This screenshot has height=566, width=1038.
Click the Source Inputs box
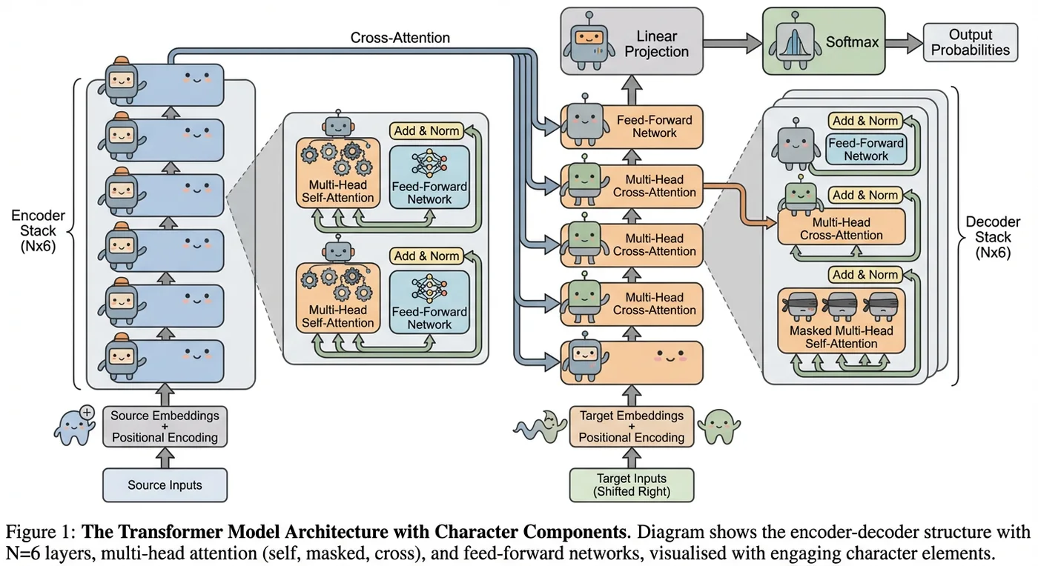pyautogui.click(x=165, y=485)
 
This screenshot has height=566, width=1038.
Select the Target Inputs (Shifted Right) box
pyautogui.click(x=632, y=485)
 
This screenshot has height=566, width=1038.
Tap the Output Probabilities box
pyautogui.click(x=971, y=42)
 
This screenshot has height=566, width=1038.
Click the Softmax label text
pyautogui.click(x=852, y=42)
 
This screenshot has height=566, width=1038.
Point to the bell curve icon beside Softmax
pyautogui.click(x=795, y=44)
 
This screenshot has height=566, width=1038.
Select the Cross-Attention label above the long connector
pyautogui.click(x=400, y=38)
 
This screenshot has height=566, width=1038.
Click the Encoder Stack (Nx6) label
pyautogui.click(x=38, y=230)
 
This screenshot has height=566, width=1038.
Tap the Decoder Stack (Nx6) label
pyautogui.click(x=993, y=237)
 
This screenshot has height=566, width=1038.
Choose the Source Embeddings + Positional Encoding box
pyautogui.click(x=165, y=427)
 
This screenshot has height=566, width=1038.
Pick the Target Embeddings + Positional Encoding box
pyautogui.click(x=632, y=427)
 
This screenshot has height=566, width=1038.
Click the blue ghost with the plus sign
pyautogui.click(x=74, y=426)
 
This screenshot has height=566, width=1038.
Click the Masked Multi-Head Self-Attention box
pyautogui.click(x=841, y=321)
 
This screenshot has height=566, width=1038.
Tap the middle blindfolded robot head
pyautogui.click(x=841, y=306)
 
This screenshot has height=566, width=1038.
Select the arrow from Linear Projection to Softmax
pyautogui.click(x=733, y=43)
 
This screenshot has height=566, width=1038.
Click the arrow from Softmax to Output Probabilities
pyautogui.click(x=904, y=43)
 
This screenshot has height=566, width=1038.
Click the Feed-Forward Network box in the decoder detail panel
pyautogui.click(x=866, y=149)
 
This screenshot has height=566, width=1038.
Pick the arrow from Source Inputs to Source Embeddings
pyautogui.click(x=165, y=458)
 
